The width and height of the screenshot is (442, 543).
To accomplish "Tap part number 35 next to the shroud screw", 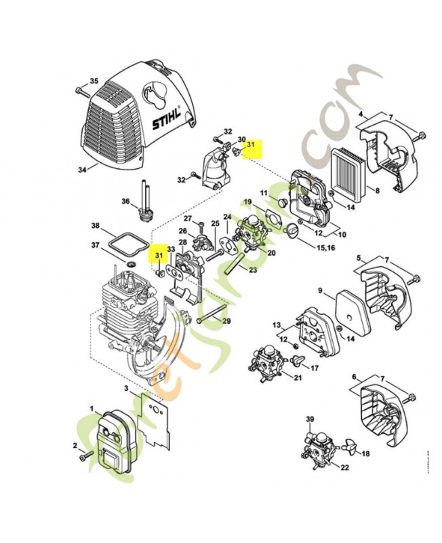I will point(94,81).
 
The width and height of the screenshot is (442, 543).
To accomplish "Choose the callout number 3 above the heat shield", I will point(126,388).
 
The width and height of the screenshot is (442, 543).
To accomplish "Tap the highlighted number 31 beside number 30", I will point(250,144).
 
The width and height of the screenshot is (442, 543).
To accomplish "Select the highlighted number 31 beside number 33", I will point(159,256).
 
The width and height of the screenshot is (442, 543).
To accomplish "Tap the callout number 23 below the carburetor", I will point(253,271).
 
